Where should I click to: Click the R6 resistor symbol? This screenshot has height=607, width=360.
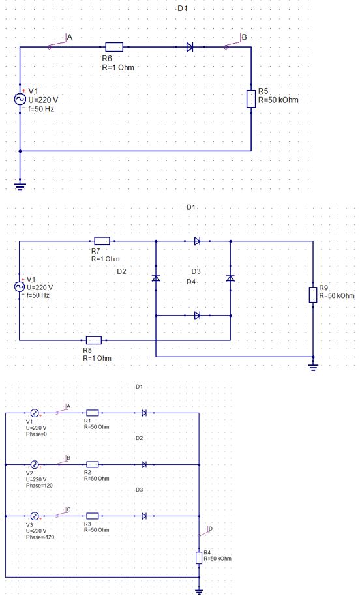(114, 47)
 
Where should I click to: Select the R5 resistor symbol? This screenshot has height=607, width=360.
(251, 98)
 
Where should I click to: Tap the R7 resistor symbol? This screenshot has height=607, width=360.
(102, 241)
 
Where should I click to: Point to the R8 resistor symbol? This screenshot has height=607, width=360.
(94, 340)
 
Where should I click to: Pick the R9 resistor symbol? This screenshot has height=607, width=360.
(313, 295)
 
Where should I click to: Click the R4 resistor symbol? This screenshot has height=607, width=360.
(199, 558)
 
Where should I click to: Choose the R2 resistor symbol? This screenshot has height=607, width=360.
(92, 464)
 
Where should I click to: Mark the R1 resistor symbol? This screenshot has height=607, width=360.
(92, 413)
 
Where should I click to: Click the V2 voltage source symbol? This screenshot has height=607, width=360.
(35, 464)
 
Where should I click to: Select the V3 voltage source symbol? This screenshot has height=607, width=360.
(35, 516)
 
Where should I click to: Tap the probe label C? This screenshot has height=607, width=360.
(68, 509)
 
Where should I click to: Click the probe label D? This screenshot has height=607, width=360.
(210, 529)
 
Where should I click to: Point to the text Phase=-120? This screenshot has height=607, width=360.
(40, 537)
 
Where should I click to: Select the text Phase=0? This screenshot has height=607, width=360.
(36, 434)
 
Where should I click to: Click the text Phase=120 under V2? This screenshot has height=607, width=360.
(39, 486)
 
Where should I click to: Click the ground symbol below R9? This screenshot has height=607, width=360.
(313, 367)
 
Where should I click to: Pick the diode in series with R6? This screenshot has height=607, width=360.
(190, 47)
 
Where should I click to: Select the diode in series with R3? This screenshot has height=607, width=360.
(144, 516)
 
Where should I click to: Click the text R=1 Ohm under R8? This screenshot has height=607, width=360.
(97, 358)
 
